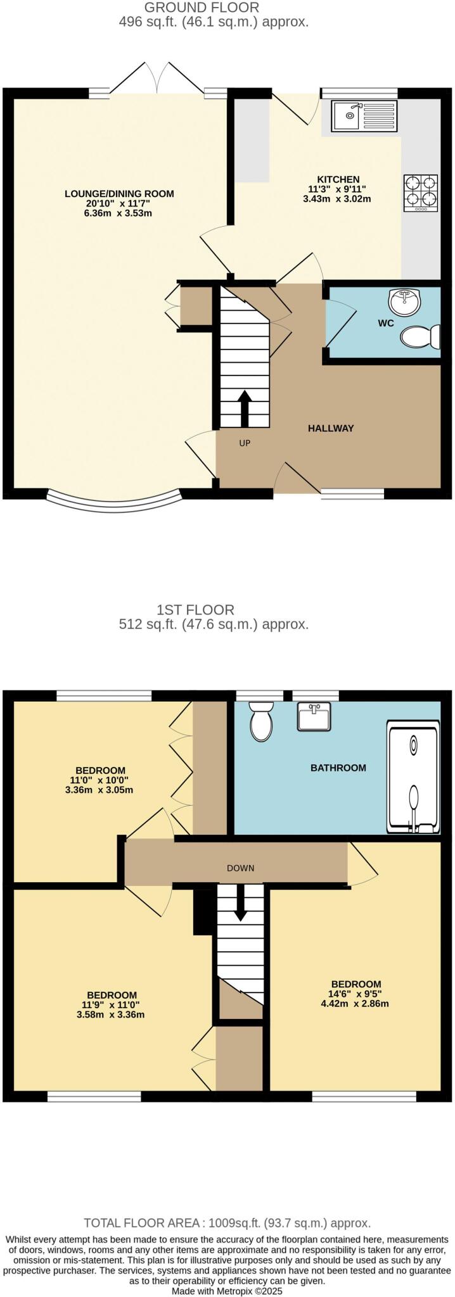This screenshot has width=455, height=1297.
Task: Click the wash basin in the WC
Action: (404, 302)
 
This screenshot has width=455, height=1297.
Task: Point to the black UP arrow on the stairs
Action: (244, 408)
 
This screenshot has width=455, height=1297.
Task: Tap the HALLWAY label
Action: (331, 428)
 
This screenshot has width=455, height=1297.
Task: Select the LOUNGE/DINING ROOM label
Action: (119, 194)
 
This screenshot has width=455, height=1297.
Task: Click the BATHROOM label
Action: (338, 768)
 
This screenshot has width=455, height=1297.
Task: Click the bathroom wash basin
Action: (313, 716)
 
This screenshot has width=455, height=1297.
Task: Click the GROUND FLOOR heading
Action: (202, 8)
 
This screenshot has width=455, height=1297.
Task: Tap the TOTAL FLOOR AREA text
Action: (227, 1223)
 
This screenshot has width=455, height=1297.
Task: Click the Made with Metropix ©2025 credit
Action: (227, 1290)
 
